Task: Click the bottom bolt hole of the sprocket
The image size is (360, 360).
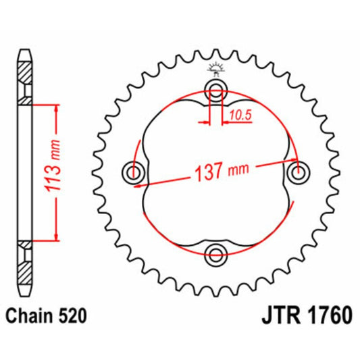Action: [x=216, y=254]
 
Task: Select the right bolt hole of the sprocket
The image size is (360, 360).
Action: [x=297, y=173]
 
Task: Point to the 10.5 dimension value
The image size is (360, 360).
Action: [x=240, y=115]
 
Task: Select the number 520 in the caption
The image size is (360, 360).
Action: [x=70, y=314]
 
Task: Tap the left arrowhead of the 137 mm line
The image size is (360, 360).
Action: [x=138, y=182]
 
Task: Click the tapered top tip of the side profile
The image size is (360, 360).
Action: [x=24, y=53]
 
